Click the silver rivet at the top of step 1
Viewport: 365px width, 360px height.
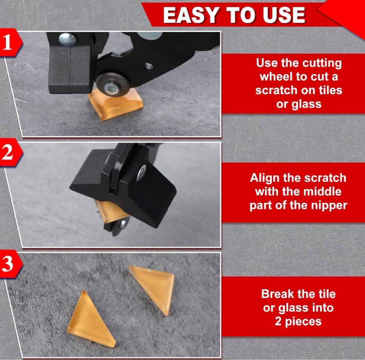point(68,39)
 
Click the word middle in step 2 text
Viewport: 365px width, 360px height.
point(323,192)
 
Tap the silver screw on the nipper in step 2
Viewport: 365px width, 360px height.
point(141,173)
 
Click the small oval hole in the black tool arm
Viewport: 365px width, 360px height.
point(148,66)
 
